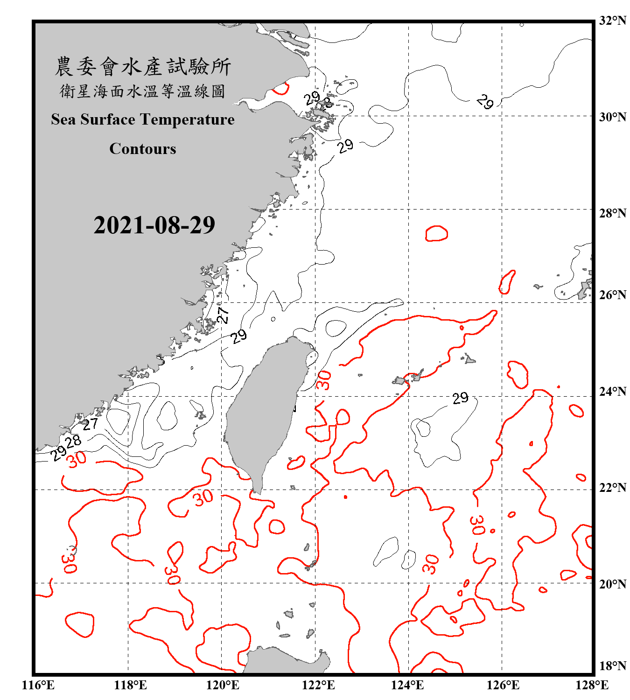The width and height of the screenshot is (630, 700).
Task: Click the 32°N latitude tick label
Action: [612, 21]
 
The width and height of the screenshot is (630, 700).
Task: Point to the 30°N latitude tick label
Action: [612, 117]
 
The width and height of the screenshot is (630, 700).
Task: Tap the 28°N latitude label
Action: [612, 213]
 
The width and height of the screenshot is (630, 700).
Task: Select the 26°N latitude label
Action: [612, 295]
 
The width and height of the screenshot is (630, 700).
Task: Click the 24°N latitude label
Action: [612, 391]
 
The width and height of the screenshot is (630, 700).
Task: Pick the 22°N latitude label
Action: [612, 488]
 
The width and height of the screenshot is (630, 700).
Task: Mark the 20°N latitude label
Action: [612, 584]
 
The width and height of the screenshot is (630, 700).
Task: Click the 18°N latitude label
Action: [612, 666]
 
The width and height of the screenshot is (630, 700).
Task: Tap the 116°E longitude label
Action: [38, 686]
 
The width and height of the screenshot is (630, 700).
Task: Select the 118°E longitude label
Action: [131, 686]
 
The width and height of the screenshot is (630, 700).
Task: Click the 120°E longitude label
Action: [223, 686]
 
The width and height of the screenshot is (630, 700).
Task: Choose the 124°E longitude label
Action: [407, 686]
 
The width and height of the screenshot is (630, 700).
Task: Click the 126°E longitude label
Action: [503, 686]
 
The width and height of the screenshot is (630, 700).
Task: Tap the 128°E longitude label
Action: [592, 686]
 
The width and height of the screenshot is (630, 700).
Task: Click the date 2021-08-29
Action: [154, 225]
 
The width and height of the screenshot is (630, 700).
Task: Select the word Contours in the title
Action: [143, 149]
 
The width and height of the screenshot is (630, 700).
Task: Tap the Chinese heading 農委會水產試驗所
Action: [143, 67]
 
